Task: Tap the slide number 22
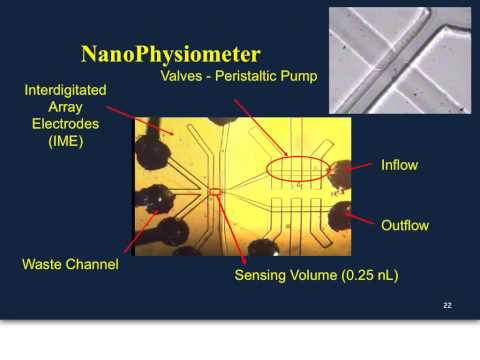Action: point(447,305)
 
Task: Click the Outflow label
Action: point(405,225)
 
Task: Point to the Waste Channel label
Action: point(71,265)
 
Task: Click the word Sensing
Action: point(262,274)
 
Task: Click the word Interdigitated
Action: point(68,91)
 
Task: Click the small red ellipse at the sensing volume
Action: point(214,191)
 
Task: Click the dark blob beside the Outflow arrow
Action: point(342,213)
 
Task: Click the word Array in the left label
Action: point(68,109)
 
